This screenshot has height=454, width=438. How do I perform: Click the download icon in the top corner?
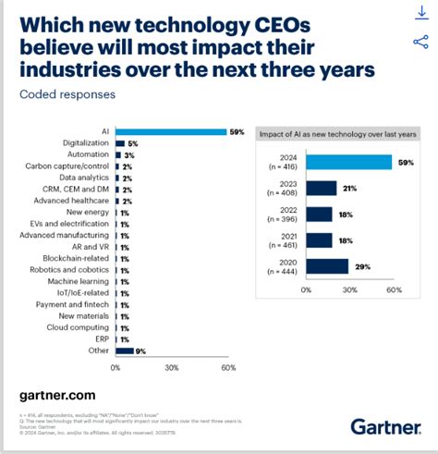coord(421,13)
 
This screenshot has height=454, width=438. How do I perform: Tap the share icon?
coord(421,42)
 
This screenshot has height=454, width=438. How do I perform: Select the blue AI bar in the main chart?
coord(171,132)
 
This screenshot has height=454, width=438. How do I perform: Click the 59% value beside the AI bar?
coord(237,132)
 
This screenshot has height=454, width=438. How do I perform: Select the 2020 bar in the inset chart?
coord(327,266)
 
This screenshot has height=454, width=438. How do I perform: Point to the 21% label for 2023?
coord(349,189)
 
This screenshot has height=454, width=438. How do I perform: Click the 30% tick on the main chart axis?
coord(172,367)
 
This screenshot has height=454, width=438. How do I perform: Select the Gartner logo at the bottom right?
coord(385,425)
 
